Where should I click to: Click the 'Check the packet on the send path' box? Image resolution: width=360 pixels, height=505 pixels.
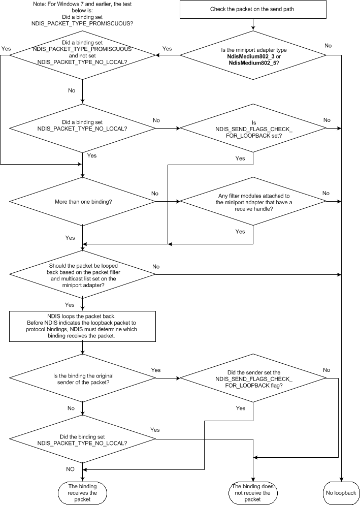(x=252, y=10)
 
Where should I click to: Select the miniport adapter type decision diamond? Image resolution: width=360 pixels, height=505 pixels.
(x=252, y=55)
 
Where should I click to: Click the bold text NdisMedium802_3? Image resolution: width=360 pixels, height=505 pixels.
(x=251, y=55)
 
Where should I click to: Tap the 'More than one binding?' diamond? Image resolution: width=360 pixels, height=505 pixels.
(x=82, y=201)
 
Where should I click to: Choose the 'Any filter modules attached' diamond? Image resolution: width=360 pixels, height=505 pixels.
(x=252, y=201)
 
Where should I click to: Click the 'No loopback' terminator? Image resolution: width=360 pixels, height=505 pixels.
(x=341, y=493)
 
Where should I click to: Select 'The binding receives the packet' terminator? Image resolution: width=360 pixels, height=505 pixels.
(x=82, y=493)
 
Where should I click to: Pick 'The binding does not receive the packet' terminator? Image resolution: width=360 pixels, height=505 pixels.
(x=252, y=493)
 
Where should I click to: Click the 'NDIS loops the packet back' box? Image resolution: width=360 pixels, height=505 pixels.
(x=82, y=326)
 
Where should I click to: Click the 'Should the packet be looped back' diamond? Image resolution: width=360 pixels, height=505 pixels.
(x=82, y=275)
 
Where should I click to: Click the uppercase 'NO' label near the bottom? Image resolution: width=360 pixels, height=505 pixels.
(x=71, y=467)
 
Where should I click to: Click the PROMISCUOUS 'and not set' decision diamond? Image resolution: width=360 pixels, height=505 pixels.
(x=82, y=55)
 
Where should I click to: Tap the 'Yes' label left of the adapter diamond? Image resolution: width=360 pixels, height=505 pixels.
(x=167, y=49)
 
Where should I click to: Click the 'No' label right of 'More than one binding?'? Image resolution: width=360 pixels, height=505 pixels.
(x=155, y=193)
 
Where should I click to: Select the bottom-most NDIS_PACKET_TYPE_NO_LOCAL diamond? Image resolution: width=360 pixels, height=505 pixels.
(x=82, y=439)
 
